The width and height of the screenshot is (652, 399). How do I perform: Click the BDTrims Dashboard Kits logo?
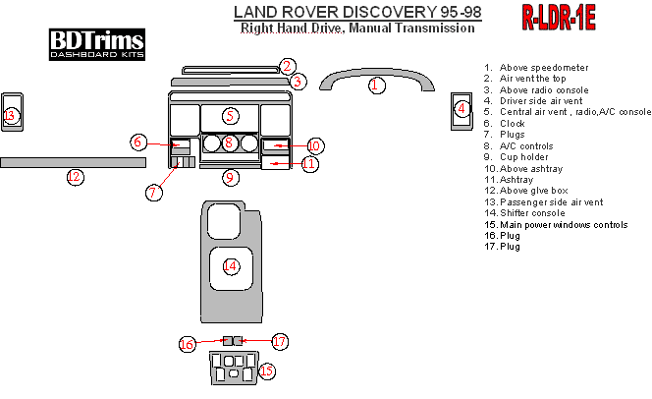pyautogui.click(x=97, y=44)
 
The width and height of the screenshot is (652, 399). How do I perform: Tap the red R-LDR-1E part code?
pyautogui.click(x=559, y=18)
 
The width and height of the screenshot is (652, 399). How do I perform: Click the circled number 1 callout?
pyautogui.click(x=377, y=85)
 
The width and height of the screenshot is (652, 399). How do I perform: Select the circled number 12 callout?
pyautogui.click(x=76, y=177)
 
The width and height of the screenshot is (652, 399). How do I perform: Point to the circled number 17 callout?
pyautogui.click(x=280, y=342)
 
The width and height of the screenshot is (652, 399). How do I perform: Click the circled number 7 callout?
pyautogui.click(x=154, y=193)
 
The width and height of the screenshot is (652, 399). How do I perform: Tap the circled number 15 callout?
pyautogui.click(x=267, y=370)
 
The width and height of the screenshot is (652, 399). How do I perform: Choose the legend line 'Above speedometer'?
pyautogui.click(x=544, y=68)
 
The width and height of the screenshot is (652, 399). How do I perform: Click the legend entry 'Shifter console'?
pyautogui.click(x=532, y=213)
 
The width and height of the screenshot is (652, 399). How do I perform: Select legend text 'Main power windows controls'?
pyautogui.click(x=564, y=225)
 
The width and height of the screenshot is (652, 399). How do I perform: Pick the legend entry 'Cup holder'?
pyautogui.click(x=524, y=157)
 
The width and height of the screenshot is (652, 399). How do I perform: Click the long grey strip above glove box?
pyautogui.click(x=74, y=163)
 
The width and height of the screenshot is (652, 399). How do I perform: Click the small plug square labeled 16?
pyautogui.click(x=228, y=341)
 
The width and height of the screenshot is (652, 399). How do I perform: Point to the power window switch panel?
pyautogui.click(x=234, y=368)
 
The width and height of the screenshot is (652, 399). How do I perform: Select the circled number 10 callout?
pyautogui.click(x=315, y=146)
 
